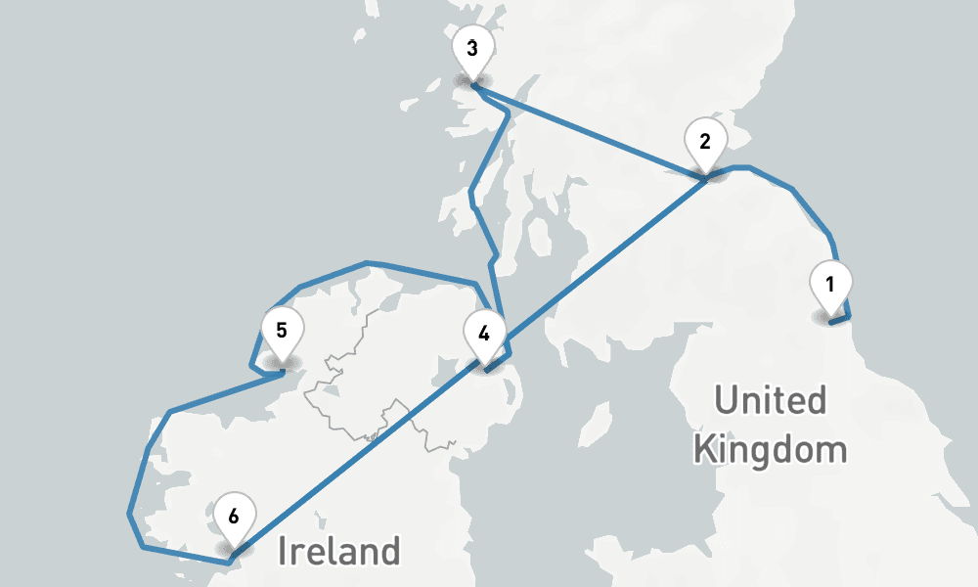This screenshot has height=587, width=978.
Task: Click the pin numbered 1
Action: click(x=830, y=286)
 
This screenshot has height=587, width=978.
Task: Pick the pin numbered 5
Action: click(x=281, y=331)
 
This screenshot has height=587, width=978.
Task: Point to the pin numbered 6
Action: click(x=233, y=517)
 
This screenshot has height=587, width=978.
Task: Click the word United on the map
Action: click(x=770, y=401)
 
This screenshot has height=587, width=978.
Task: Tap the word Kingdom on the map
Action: click(x=769, y=451)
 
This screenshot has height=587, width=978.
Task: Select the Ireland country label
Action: click(x=338, y=551)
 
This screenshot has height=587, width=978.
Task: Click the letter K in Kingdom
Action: click(x=703, y=451)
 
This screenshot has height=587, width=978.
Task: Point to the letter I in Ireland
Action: click(x=284, y=551)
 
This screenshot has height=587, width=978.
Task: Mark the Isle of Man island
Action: click(x=590, y=428)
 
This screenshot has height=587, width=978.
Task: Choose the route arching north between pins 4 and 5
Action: click(x=366, y=263)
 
